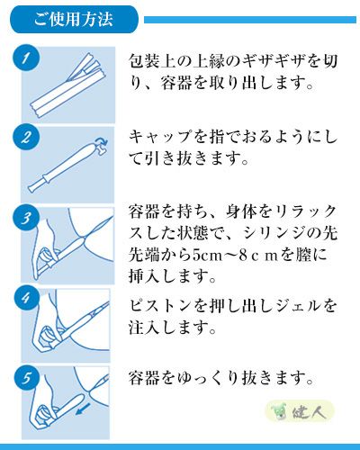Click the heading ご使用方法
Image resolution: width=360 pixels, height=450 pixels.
69,19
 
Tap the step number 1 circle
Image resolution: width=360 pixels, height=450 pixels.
28,60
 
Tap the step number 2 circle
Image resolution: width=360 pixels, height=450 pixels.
28,139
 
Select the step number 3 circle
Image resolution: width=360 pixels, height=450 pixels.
28,219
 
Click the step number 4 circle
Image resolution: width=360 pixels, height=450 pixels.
28,298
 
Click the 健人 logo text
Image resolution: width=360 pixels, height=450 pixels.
315,410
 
